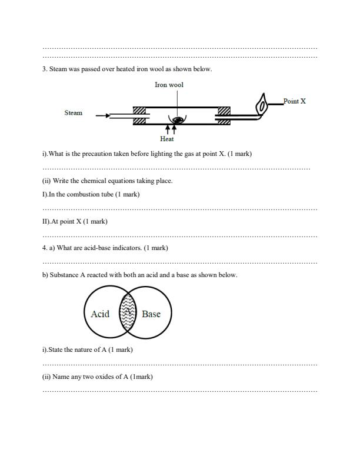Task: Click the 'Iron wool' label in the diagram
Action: coord(169,85)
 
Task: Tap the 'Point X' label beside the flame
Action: coord(294,101)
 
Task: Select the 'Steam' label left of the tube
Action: coord(74,112)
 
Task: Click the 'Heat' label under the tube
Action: coord(167,139)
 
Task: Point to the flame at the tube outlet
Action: coord(261,105)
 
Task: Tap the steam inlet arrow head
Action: coord(107,116)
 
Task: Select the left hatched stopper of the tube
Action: coord(139,115)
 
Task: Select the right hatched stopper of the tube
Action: coord(224,115)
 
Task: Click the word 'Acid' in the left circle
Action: coord(100,314)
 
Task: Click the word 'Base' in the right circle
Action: coord(151,314)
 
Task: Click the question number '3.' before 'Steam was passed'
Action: coord(45,69)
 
